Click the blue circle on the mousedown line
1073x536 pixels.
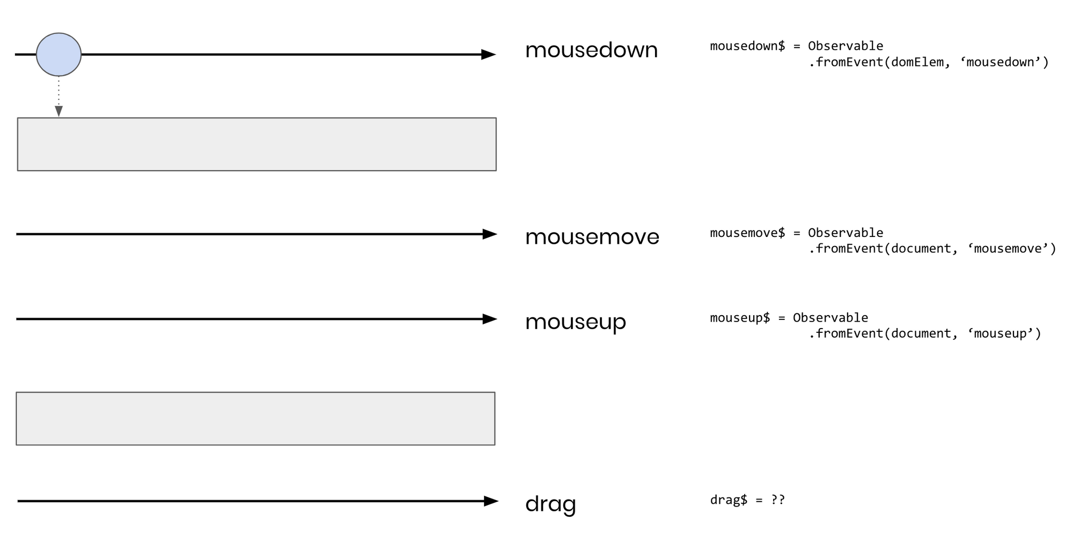click(x=58, y=54)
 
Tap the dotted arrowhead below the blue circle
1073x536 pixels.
click(x=58, y=111)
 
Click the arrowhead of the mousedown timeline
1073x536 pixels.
click(x=488, y=54)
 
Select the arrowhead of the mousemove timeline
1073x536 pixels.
click(x=489, y=234)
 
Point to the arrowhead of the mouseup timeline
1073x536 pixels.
click(x=489, y=319)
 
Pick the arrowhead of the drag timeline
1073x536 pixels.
click(x=490, y=501)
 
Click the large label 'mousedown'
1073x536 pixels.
click(x=591, y=50)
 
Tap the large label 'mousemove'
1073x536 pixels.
click(x=592, y=236)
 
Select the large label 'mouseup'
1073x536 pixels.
click(x=575, y=322)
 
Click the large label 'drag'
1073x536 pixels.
click(x=550, y=504)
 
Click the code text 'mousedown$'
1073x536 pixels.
click(x=747, y=46)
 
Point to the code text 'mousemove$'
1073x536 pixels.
click(x=747, y=233)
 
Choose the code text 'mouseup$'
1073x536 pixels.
click(x=740, y=318)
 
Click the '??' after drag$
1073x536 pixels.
click(x=778, y=500)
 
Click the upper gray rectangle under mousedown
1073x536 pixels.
click(x=256, y=144)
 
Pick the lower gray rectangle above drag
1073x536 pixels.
click(x=255, y=419)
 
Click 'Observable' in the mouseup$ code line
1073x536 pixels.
click(x=830, y=318)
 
